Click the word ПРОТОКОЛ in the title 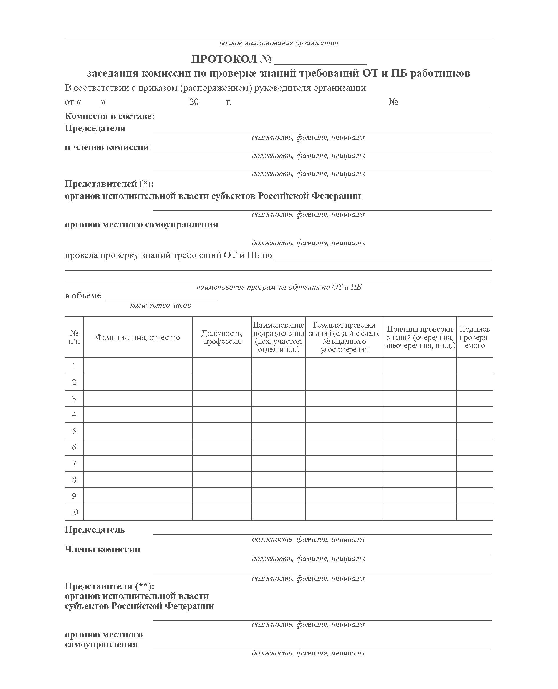pyautogui.click(x=224, y=59)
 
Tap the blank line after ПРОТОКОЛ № pyautogui.click(x=320, y=61)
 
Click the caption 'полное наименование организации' pyautogui.click(x=278, y=43)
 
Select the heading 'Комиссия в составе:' pyautogui.click(x=110, y=116)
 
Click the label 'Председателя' pyautogui.click(x=95, y=128)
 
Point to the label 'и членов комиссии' pyautogui.click(x=107, y=147)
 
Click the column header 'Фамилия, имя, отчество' pyautogui.click(x=138, y=337)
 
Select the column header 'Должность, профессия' pyautogui.click(x=222, y=337)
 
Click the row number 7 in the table pyautogui.click(x=74, y=464)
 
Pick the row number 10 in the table pyautogui.click(x=74, y=512)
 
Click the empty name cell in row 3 pyautogui.click(x=138, y=399)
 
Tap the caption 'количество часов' pyautogui.click(x=160, y=305)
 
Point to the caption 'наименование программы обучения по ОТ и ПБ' pyautogui.click(x=278, y=287)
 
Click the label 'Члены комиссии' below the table pyautogui.click(x=102, y=549)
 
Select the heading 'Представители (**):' pyautogui.click(x=110, y=586)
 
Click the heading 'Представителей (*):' pyautogui.click(x=109, y=184)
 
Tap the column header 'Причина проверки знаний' pyautogui.click(x=420, y=337)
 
